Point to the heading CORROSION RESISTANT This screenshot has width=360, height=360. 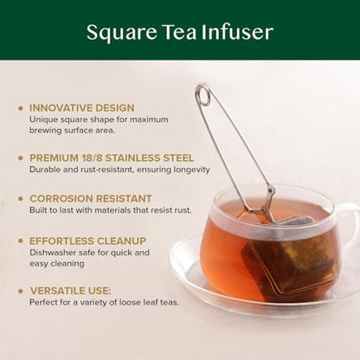point(91,198)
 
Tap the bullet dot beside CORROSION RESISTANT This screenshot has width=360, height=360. point(20,198)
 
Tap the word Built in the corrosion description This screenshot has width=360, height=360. point(40,210)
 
